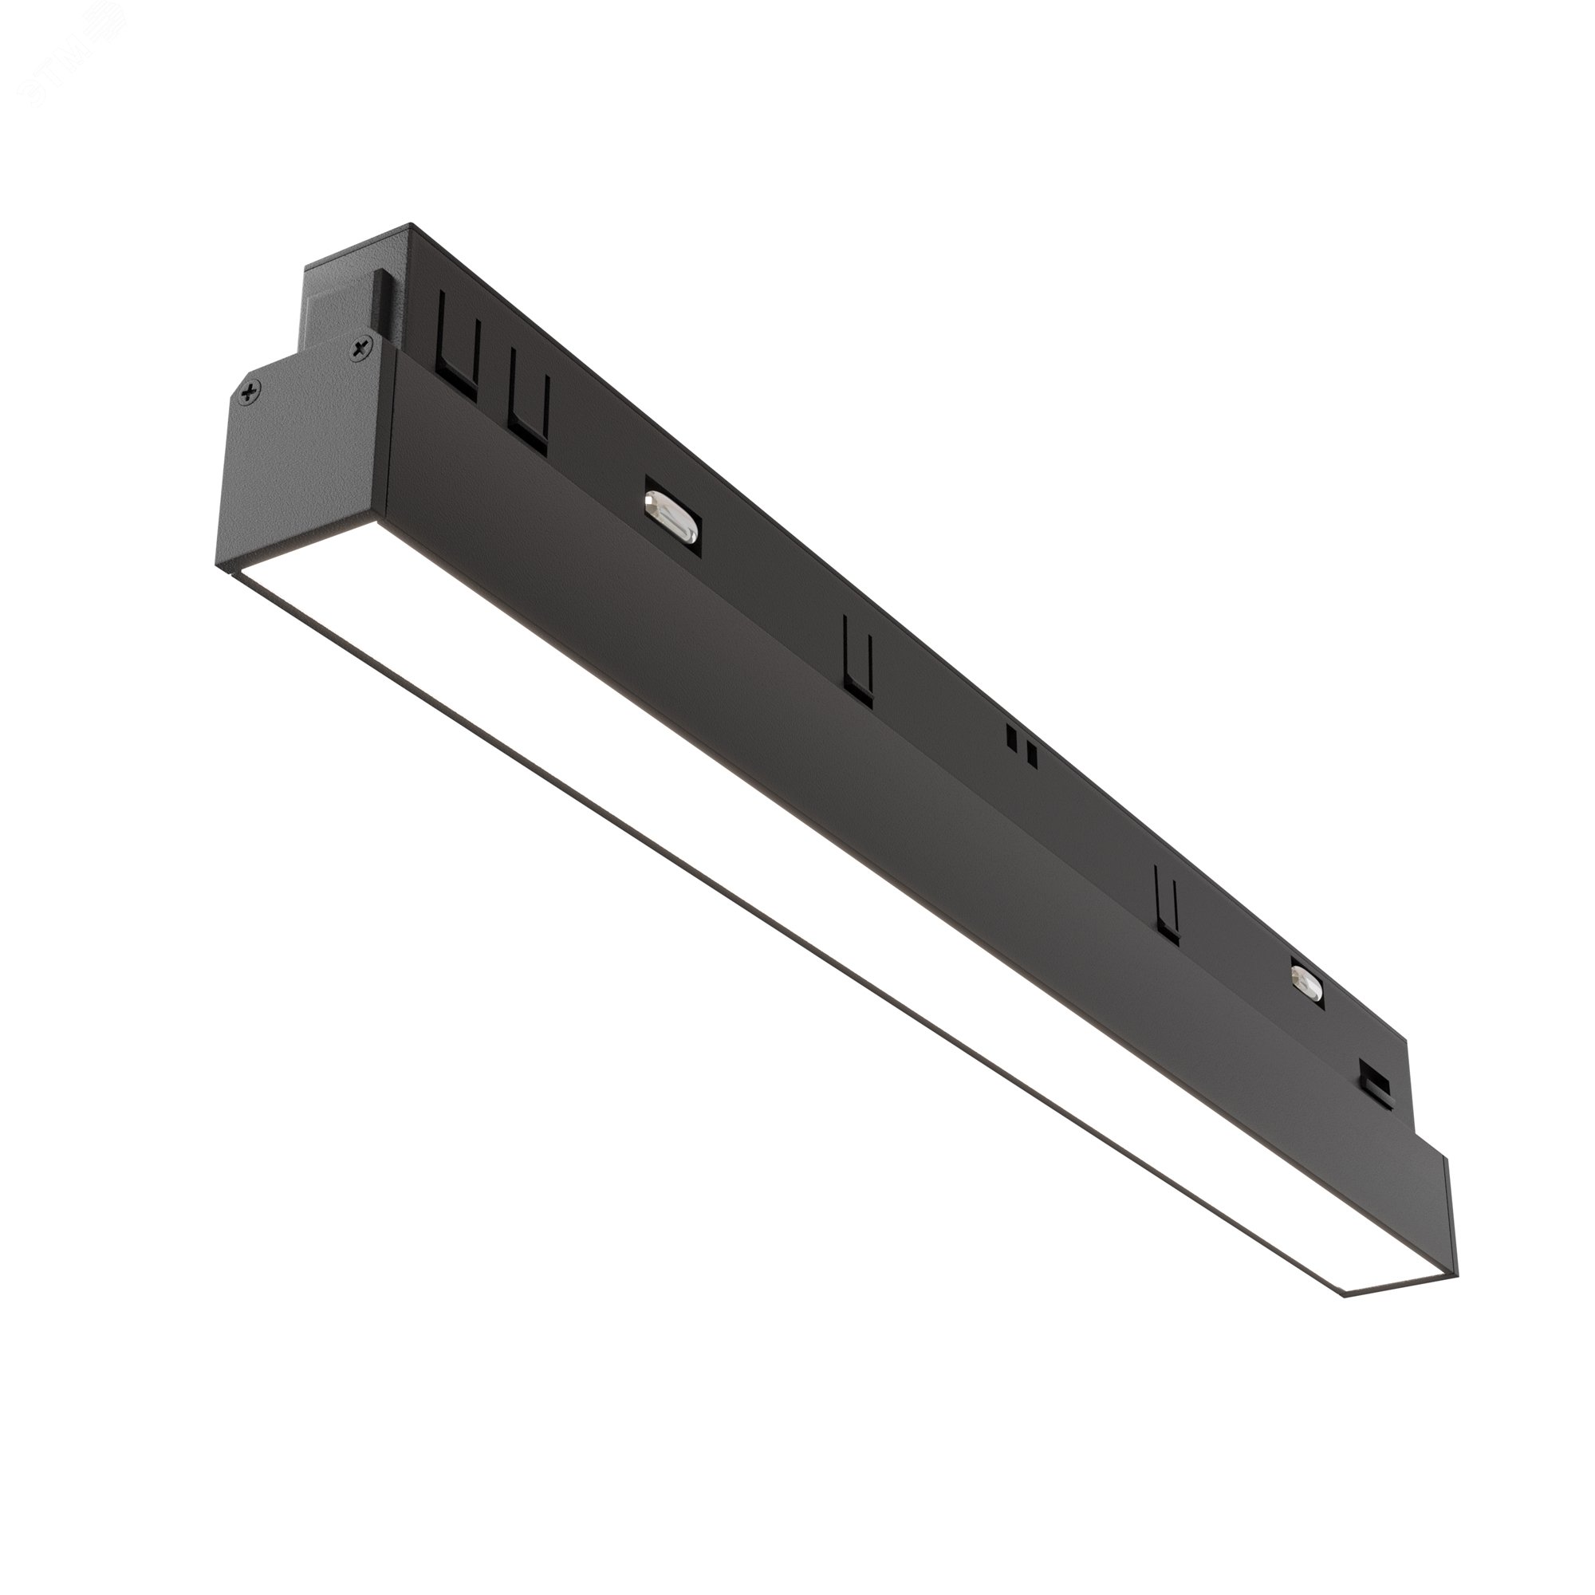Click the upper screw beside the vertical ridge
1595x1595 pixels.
coord(360,350)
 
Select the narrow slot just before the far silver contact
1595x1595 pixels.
coord(1166,901)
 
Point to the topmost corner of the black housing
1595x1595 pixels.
coord(410,225)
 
